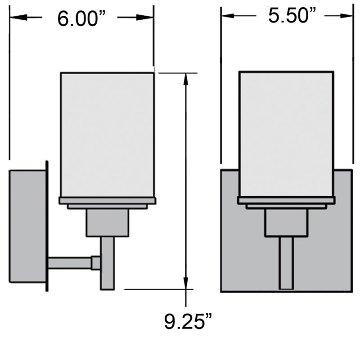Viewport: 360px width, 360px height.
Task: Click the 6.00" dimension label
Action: coord(81,19)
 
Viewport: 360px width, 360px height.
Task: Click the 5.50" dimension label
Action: coord(291,16)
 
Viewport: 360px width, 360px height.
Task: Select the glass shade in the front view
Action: coord(286,133)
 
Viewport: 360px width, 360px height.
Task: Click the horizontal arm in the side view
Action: coord(70,263)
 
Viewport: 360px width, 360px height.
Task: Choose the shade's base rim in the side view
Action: coord(108,200)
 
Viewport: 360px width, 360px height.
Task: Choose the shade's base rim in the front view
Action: coord(286,200)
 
